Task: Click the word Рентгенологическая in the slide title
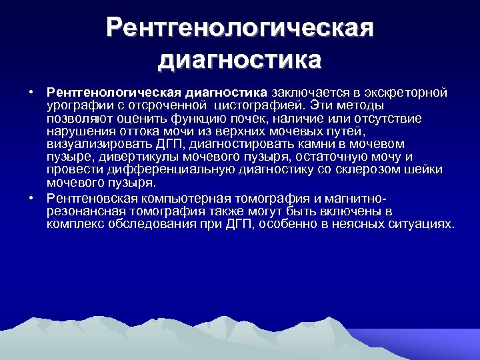[239, 29]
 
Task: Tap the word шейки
[430, 169]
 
